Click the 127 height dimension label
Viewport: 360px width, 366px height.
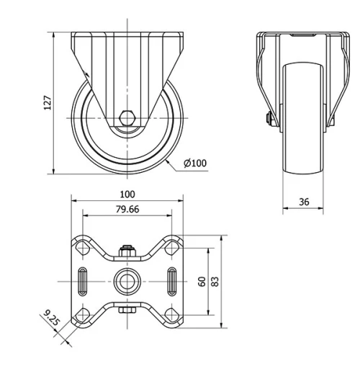pos(48,102)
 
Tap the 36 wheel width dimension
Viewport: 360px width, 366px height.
pos(303,202)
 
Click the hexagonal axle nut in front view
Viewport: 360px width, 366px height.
pos(127,117)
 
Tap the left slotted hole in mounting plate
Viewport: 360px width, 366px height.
pos(83,279)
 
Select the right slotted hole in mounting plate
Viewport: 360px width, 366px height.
pos(172,279)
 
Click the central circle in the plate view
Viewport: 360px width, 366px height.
pos(127,279)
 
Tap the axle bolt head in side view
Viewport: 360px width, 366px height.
pos(268,119)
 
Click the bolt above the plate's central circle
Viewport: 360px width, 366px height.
pos(127,251)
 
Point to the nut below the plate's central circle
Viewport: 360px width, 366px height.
pos(127,310)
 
